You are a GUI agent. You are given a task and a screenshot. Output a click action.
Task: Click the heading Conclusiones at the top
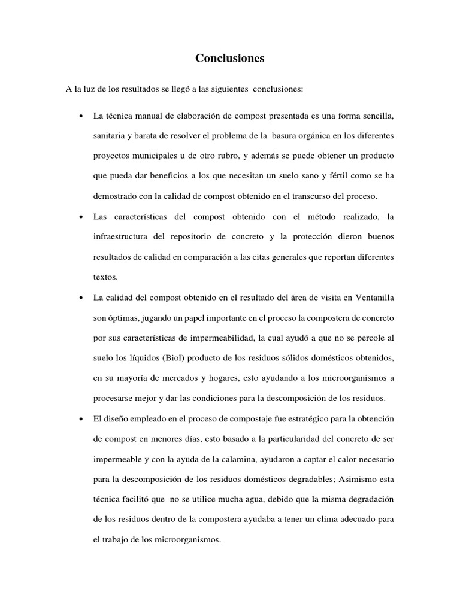click(x=229, y=59)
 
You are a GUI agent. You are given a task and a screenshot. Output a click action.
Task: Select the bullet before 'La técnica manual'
click(x=80, y=115)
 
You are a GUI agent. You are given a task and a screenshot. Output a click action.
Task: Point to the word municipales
click(x=159, y=155)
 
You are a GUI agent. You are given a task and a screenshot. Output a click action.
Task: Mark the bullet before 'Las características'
click(x=80, y=216)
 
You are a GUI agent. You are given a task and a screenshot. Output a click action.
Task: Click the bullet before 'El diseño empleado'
click(x=80, y=419)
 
